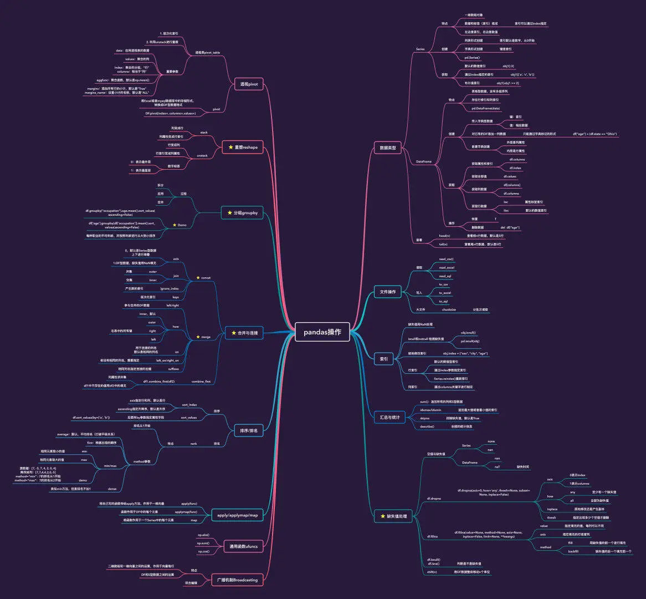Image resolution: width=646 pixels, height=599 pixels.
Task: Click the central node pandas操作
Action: point(322,332)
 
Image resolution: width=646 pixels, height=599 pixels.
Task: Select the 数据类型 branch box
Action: point(388,148)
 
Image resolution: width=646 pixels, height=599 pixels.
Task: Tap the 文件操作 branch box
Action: point(388,292)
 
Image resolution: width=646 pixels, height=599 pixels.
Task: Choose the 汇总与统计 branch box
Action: point(389,417)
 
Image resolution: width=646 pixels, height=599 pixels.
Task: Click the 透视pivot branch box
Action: point(249,84)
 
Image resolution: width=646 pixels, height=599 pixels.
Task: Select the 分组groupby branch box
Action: point(243,212)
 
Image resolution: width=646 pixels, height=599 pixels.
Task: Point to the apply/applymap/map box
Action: point(235,515)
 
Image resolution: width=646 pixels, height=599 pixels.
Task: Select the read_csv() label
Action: point(447,259)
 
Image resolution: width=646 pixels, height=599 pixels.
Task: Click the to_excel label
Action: point(445,293)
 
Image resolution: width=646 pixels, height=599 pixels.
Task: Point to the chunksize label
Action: point(449,309)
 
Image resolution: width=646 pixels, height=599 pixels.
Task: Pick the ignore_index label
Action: point(170,288)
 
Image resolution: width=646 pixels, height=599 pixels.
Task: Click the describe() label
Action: point(427,426)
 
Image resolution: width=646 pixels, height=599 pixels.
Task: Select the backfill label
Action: point(573,551)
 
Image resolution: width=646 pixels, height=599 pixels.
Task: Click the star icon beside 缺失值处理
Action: point(382,516)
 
